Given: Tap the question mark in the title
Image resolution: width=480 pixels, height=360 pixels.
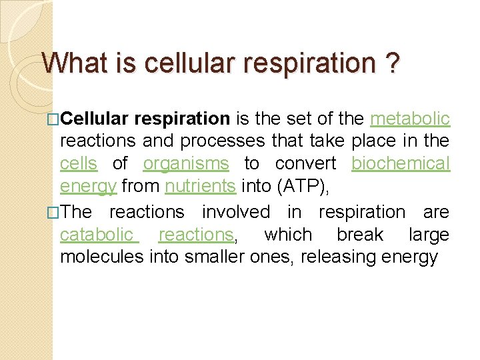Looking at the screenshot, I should [x=393, y=64].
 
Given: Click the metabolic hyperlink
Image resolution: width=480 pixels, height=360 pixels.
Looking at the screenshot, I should [x=410, y=119].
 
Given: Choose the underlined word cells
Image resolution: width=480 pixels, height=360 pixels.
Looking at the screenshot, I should [x=79, y=163].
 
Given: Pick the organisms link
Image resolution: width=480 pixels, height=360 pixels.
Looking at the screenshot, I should [x=186, y=163].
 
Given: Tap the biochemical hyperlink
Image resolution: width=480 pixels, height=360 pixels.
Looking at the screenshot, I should [x=401, y=163].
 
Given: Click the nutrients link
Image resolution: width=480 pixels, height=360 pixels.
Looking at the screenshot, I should [x=200, y=186].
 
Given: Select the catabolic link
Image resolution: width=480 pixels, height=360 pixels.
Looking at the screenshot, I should [x=97, y=235].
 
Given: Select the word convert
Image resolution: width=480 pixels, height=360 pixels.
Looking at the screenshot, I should [x=305, y=163].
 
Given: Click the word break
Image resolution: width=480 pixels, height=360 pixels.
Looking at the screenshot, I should [x=360, y=235].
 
